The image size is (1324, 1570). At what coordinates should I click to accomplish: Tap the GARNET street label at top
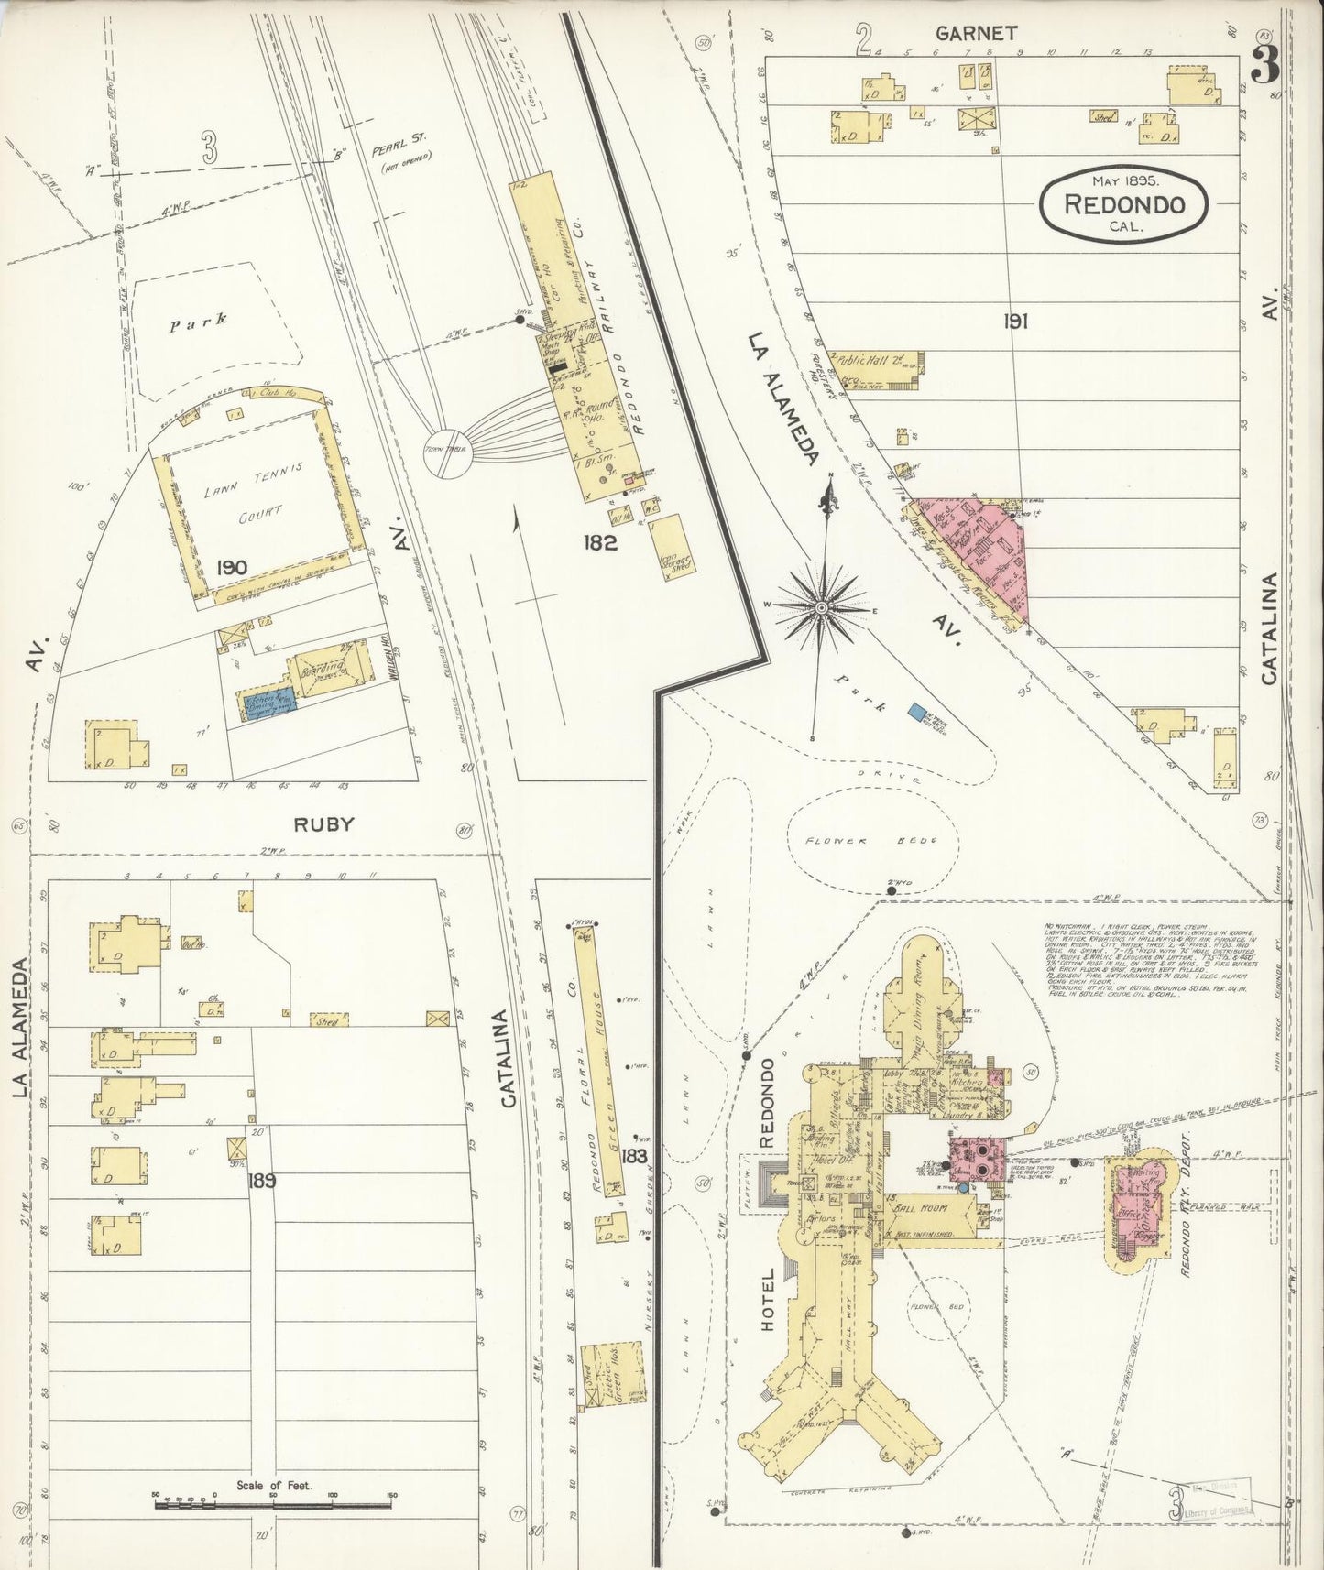point(976,33)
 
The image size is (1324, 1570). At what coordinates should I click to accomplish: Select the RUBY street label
point(323,823)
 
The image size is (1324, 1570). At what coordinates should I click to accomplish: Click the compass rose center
point(822,607)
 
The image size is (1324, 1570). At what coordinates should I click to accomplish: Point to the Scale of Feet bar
point(273,1499)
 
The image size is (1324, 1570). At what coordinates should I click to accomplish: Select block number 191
point(1014,321)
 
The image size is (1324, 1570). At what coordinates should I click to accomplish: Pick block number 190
point(231,567)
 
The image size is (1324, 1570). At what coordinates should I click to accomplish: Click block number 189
point(261,1181)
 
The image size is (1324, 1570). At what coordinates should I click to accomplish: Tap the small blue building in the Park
point(915,710)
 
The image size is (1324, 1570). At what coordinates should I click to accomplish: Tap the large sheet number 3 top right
point(1266,65)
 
